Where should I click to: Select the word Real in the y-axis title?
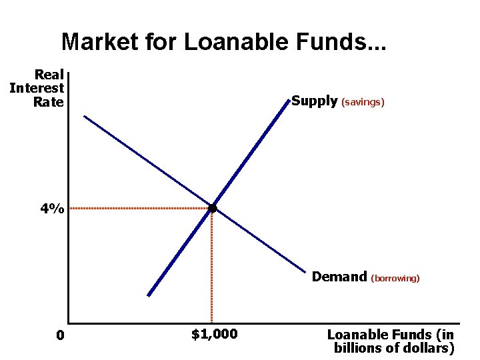[x=49, y=75]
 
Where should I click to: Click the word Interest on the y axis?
[x=37, y=88]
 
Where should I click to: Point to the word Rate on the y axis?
[x=48, y=102]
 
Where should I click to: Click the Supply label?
[x=315, y=101]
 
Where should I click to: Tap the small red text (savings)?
[x=363, y=103]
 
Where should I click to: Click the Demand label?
[x=339, y=277]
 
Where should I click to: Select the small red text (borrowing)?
[x=395, y=278]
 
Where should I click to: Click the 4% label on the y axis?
[x=52, y=209]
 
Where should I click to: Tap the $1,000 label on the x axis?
[x=214, y=334]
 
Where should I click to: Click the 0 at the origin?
[x=60, y=335]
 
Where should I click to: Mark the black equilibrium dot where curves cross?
[x=213, y=209]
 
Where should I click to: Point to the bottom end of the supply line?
[x=149, y=295]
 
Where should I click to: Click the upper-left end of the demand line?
[x=85, y=117]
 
